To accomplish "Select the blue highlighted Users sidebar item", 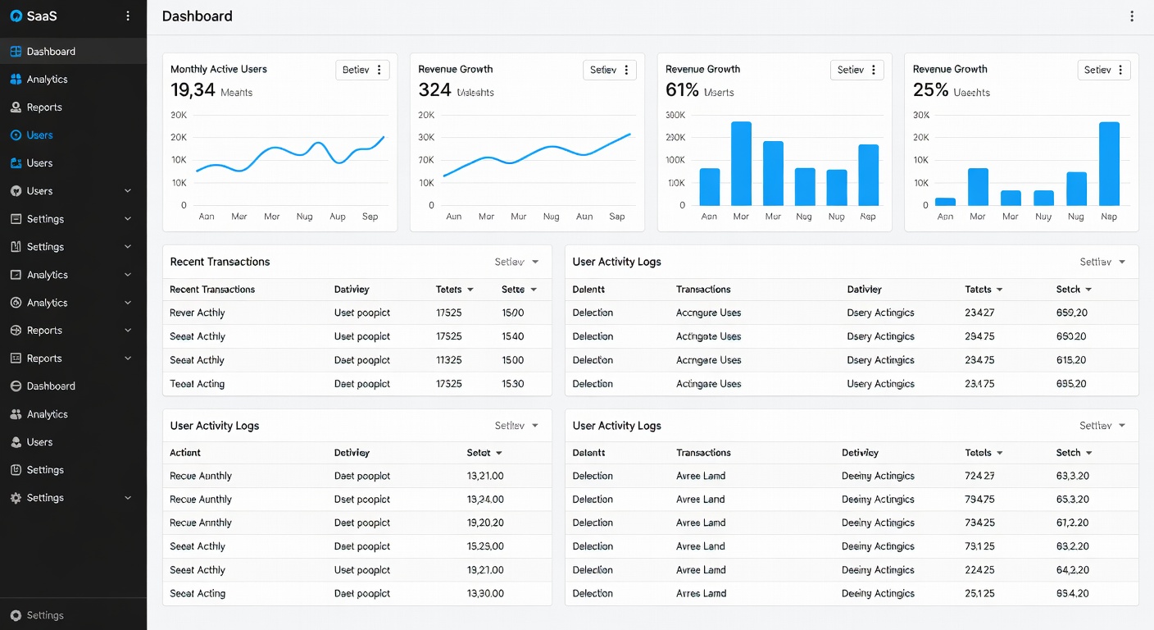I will click(39, 135).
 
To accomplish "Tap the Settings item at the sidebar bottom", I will click(44, 615).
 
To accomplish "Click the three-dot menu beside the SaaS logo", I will click(128, 16).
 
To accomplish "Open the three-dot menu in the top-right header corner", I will click(1132, 16).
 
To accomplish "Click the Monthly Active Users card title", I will click(218, 70).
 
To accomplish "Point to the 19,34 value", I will click(193, 90).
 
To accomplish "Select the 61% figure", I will click(682, 90).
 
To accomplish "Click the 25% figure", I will click(930, 90).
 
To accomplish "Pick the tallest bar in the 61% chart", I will click(741, 163).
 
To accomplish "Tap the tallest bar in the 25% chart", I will click(1109, 163).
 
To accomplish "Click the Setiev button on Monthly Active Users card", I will click(362, 70).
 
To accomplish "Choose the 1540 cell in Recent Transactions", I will click(512, 336).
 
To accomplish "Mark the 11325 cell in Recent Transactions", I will click(449, 360).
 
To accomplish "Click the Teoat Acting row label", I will click(197, 384).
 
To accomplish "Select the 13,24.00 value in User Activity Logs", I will click(485, 500).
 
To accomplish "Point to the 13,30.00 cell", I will click(485, 594).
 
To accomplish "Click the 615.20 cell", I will click(1071, 360).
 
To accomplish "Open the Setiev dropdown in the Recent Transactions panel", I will click(516, 262).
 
